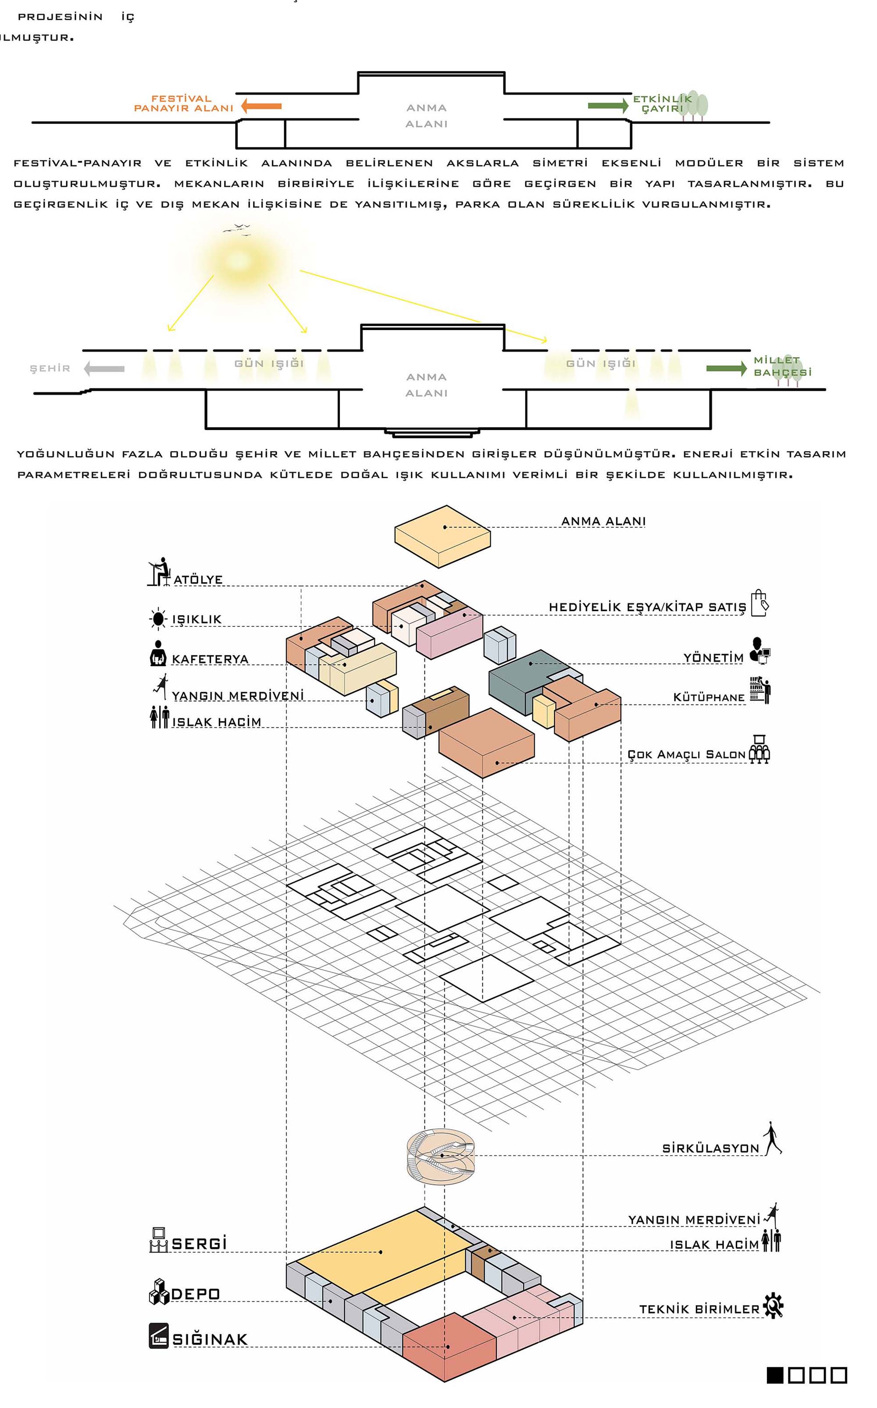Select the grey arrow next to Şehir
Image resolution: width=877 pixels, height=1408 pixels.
(104, 369)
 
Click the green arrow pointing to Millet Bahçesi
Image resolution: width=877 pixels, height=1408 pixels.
(726, 369)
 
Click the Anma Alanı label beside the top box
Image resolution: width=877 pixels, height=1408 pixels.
(603, 521)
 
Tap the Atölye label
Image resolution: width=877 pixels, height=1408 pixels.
(198, 580)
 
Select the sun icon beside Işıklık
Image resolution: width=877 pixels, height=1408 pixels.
(158, 619)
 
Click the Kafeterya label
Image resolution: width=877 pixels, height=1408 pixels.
(210, 659)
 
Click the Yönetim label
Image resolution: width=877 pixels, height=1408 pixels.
(713, 658)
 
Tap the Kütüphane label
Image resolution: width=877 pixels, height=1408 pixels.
(709, 697)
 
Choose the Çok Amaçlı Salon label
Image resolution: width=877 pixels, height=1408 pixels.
(686, 755)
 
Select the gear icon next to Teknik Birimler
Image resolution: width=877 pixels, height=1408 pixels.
(773, 1306)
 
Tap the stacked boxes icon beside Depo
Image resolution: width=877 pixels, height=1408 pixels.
(158, 1291)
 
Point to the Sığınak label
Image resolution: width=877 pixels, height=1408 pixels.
(210, 1340)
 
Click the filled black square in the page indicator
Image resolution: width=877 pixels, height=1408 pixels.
(775, 1375)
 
